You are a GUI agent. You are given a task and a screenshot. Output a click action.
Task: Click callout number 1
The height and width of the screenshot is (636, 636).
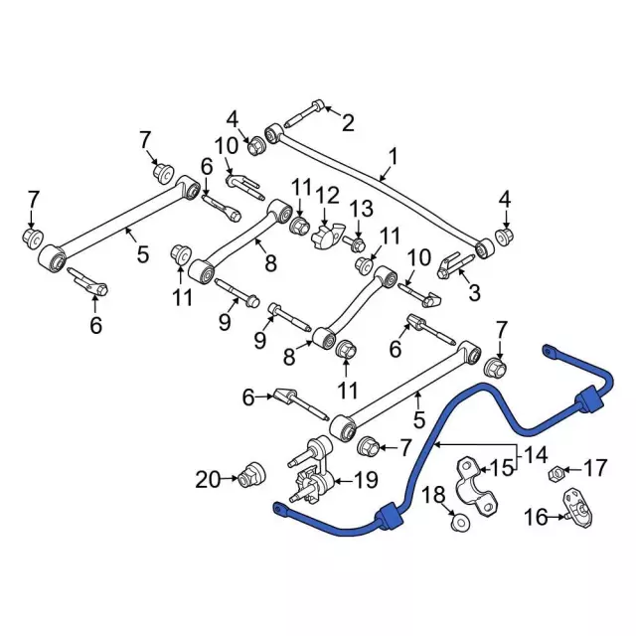pyautogui.click(x=393, y=156)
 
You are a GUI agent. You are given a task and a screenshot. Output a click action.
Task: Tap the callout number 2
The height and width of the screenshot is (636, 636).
pyautogui.click(x=347, y=123)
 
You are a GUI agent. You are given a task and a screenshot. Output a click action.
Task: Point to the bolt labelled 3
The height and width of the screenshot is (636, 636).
pyautogui.click(x=452, y=266)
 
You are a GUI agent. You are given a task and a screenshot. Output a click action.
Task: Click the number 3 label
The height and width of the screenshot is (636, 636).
pyautogui.click(x=474, y=292)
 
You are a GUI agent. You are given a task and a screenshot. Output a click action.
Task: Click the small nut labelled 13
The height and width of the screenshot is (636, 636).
pyautogui.click(x=357, y=243)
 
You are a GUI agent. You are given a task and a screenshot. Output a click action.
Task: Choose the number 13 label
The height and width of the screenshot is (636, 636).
pyautogui.click(x=361, y=208)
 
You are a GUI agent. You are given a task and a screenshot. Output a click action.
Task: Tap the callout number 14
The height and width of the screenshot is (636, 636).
pyautogui.click(x=537, y=456)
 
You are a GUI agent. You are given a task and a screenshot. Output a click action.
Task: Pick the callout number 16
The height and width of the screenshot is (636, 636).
pyautogui.click(x=536, y=517)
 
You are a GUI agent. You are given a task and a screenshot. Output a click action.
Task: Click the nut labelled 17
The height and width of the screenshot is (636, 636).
pyautogui.click(x=558, y=472)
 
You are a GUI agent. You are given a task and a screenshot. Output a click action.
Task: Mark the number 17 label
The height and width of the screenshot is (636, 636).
pyautogui.click(x=593, y=466)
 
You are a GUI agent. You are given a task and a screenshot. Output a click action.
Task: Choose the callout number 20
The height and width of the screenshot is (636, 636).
pyautogui.click(x=208, y=480)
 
